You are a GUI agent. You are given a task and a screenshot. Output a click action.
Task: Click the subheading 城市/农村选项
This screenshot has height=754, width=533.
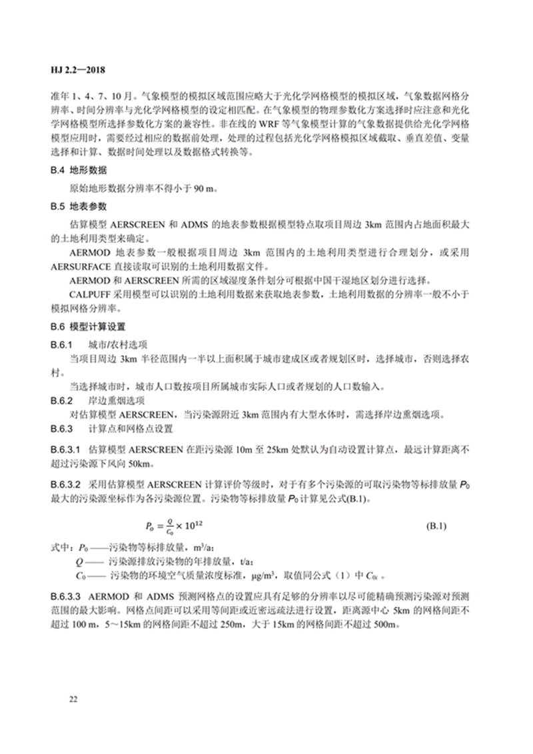pyautogui.click(x=117, y=346)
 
